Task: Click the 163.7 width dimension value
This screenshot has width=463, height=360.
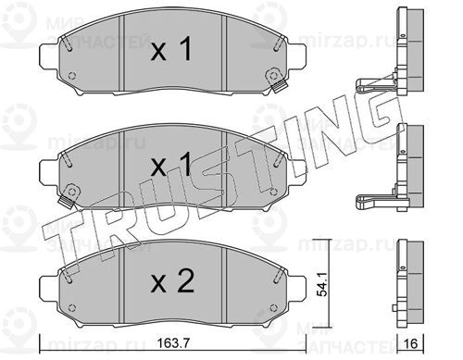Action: click(x=173, y=342)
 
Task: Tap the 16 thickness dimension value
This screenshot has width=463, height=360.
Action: click(x=410, y=343)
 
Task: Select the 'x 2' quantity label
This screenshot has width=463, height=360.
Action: click(x=172, y=281)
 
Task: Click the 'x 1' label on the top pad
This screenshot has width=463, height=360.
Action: click(x=171, y=49)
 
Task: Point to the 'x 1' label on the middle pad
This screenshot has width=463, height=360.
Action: click(x=171, y=165)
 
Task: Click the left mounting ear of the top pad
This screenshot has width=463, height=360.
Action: click(x=49, y=57)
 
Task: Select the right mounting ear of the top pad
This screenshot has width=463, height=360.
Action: click(x=297, y=57)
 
